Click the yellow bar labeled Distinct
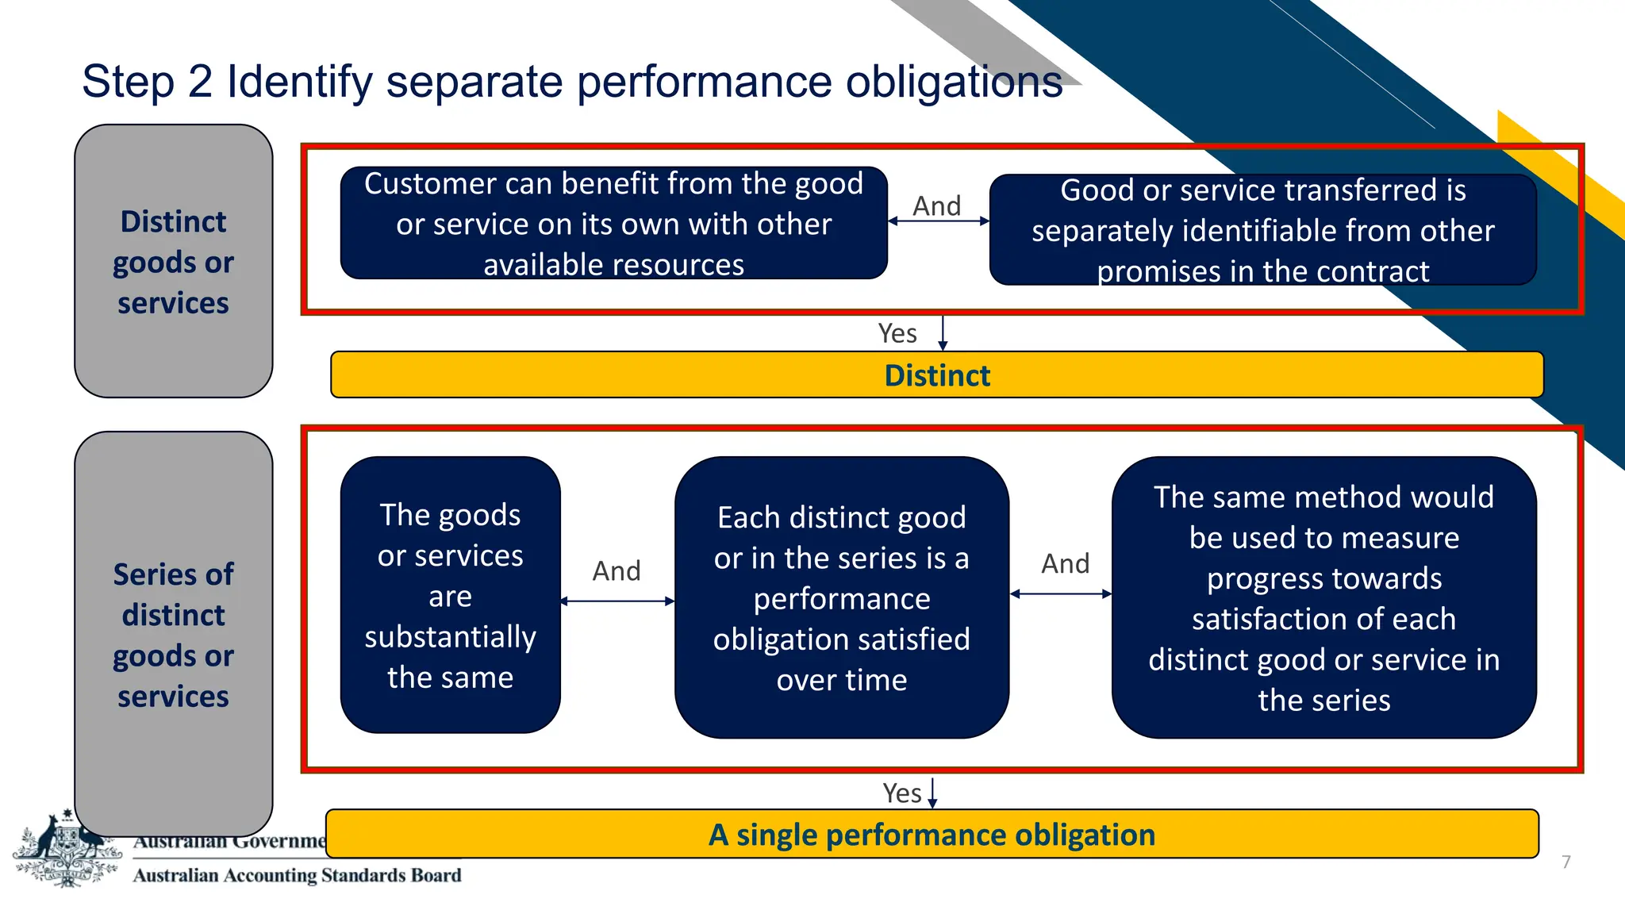point(936,375)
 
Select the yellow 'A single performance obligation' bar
point(932,835)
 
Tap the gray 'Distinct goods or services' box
point(173,261)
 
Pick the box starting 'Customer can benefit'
point(613,223)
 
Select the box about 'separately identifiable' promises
point(1262,230)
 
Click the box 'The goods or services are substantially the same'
point(450,595)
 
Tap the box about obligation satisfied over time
point(841,597)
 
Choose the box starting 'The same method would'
point(1323,597)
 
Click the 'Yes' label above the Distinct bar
point(897,333)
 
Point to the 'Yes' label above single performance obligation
point(902,793)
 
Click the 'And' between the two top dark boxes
point(937,205)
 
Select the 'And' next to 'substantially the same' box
point(617,570)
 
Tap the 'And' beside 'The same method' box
point(1065,563)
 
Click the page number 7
point(1565,862)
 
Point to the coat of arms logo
point(67,849)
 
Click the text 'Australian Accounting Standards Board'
point(297,875)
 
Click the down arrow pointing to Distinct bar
point(943,333)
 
